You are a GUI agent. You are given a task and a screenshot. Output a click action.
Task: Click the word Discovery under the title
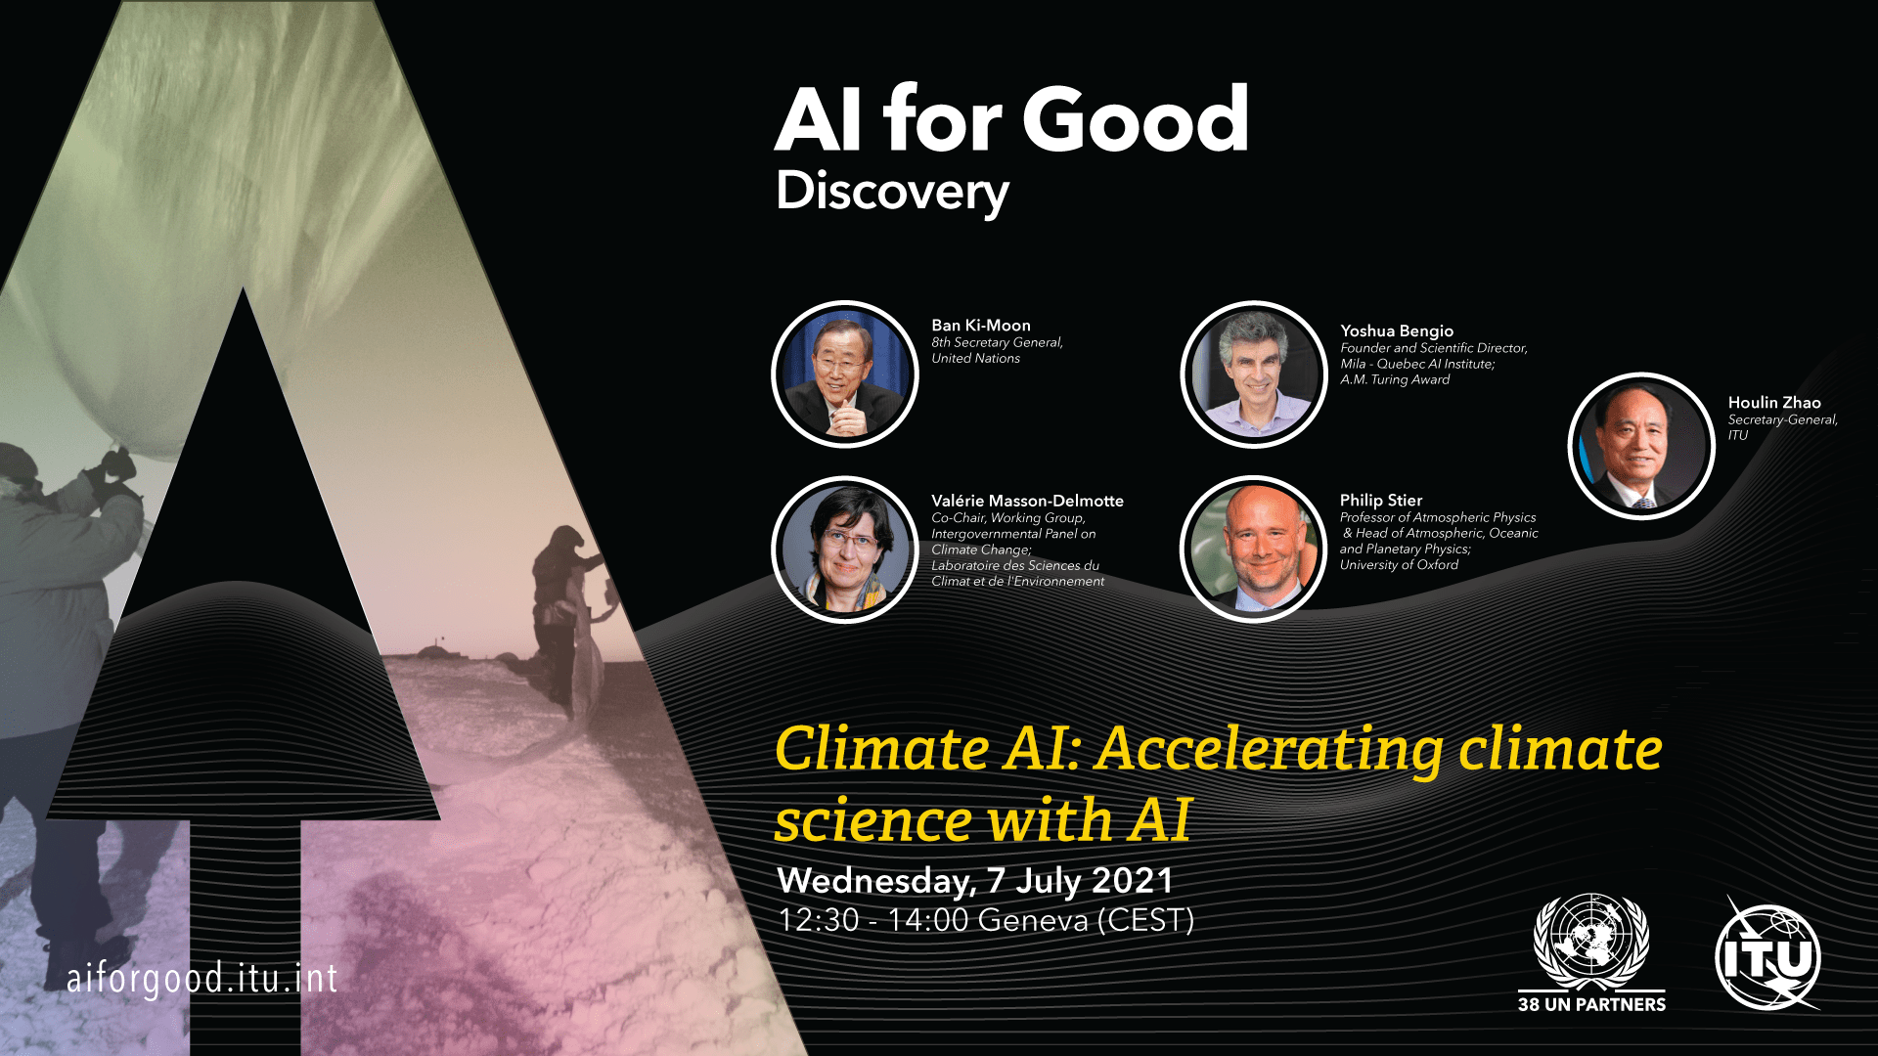tap(892, 193)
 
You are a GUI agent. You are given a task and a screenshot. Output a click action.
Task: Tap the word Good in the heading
tap(1136, 119)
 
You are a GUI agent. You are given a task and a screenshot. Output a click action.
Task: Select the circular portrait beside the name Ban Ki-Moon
tap(845, 374)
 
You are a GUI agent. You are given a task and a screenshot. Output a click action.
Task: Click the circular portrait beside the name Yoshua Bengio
tap(1254, 374)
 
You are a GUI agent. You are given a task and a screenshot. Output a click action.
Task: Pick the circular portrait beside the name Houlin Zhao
tap(1641, 446)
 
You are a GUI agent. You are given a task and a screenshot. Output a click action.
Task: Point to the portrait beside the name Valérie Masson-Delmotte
tap(845, 550)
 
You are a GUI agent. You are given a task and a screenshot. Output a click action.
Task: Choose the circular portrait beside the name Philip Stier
tap(1254, 550)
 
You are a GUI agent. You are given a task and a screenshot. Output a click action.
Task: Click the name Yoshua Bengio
tap(1397, 331)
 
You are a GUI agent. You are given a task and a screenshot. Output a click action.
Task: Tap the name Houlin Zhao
tap(1774, 403)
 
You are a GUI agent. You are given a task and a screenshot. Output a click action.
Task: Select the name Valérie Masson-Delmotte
tap(1027, 501)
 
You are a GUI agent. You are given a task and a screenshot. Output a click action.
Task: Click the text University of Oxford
tap(1399, 565)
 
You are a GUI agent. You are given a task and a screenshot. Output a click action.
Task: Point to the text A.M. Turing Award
tap(1395, 379)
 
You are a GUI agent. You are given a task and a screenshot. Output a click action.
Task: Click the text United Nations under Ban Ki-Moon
tap(975, 359)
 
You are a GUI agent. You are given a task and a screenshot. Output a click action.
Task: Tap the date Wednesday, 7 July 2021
tap(975, 881)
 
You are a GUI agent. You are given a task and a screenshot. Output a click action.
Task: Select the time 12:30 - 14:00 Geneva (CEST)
tap(986, 921)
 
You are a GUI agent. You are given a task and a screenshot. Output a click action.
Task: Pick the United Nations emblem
tap(1591, 941)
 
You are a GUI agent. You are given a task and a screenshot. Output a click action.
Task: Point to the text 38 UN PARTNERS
tap(1591, 1004)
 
